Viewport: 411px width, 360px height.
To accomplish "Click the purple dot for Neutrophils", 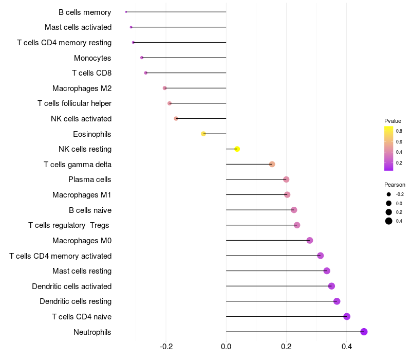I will (x=364, y=332).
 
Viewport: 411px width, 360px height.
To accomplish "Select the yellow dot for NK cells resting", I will (x=237, y=149).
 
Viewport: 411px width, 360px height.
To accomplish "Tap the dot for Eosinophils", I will (x=203, y=134).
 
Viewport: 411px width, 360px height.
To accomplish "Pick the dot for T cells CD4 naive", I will (x=347, y=316).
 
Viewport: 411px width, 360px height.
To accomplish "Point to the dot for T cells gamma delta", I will (x=272, y=164).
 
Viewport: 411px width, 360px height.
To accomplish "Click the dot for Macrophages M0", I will (x=310, y=240).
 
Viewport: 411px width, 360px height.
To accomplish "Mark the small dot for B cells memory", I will (x=126, y=12).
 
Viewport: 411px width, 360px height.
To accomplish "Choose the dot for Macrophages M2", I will (x=165, y=88).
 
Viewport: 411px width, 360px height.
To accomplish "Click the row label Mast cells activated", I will (x=78, y=27).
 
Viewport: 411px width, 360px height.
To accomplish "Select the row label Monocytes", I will (x=92, y=58).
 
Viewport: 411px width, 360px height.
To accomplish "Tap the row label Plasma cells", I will (x=90, y=179).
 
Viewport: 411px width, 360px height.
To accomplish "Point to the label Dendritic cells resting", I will (x=76, y=301).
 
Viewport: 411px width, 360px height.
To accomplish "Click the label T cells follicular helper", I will (x=74, y=103).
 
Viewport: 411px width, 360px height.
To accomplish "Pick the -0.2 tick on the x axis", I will (x=166, y=347).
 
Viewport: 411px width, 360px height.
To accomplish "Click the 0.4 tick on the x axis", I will (x=347, y=347).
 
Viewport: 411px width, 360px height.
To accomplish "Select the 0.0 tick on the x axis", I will (x=226, y=347).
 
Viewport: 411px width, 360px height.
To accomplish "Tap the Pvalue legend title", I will (x=393, y=121).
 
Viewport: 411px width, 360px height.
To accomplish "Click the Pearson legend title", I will (x=395, y=185).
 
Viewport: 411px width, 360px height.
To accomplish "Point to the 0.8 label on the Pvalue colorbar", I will (x=399, y=131).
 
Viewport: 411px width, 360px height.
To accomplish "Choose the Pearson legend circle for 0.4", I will (x=389, y=221).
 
